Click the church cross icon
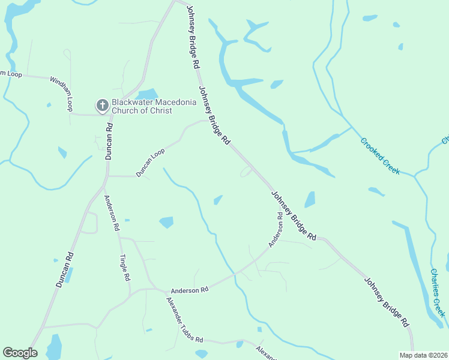coord(102,106)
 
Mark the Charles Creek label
coord(438,293)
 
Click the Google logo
coord(20,353)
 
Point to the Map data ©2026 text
coord(424,355)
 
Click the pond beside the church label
coord(147,94)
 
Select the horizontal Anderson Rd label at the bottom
coord(189,289)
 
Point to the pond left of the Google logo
coord(54,347)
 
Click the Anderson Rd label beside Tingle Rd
coord(112,214)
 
